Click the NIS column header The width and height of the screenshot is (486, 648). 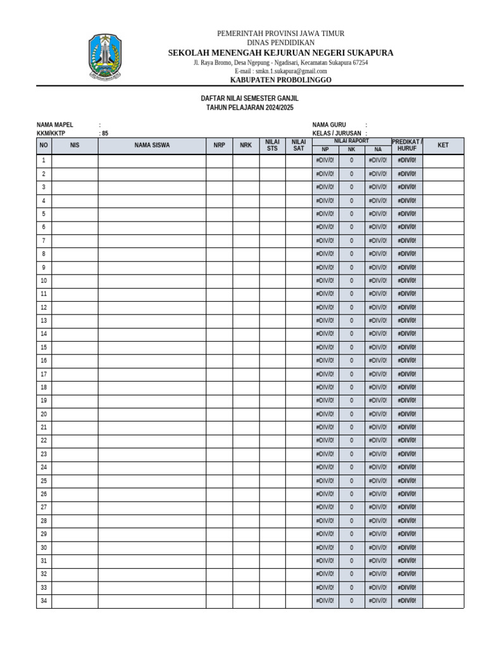click(75, 146)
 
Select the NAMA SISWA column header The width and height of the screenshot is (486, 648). click(152, 146)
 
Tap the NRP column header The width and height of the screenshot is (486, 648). click(219, 146)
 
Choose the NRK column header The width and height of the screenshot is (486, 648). click(246, 146)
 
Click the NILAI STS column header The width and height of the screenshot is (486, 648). click(272, 146)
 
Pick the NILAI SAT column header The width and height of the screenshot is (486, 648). click(299, 146)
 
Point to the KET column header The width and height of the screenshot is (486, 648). click(443, 146)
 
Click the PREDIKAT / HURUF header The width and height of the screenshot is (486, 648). click(407, 145)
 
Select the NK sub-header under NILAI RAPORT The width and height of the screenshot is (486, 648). click(352, 150)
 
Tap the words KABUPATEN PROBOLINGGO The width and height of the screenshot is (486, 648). click(280, 80)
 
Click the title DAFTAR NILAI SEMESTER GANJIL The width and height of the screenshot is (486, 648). click(249, 99)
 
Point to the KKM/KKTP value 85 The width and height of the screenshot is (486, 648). click(105, 134)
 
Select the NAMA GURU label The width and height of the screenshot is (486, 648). click(329, 125)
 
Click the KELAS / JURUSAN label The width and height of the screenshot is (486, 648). click(337, 134)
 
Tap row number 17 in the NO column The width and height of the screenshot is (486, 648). click(44, 374)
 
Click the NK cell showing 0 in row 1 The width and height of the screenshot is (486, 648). click(352, 161)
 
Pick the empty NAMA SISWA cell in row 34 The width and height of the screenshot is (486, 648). click(152, 601)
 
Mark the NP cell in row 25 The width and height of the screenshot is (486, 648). click(325, 481)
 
